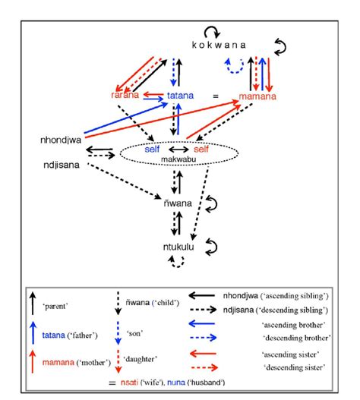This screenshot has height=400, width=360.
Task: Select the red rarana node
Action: tap(123, 96)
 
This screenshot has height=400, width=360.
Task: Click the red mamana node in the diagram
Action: tap(256, 97)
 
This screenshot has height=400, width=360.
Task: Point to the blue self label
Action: tap(154, 150)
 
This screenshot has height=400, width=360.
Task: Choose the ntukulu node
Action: tap(180, 247)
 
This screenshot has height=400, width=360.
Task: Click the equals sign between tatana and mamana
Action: tap(216, 96)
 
